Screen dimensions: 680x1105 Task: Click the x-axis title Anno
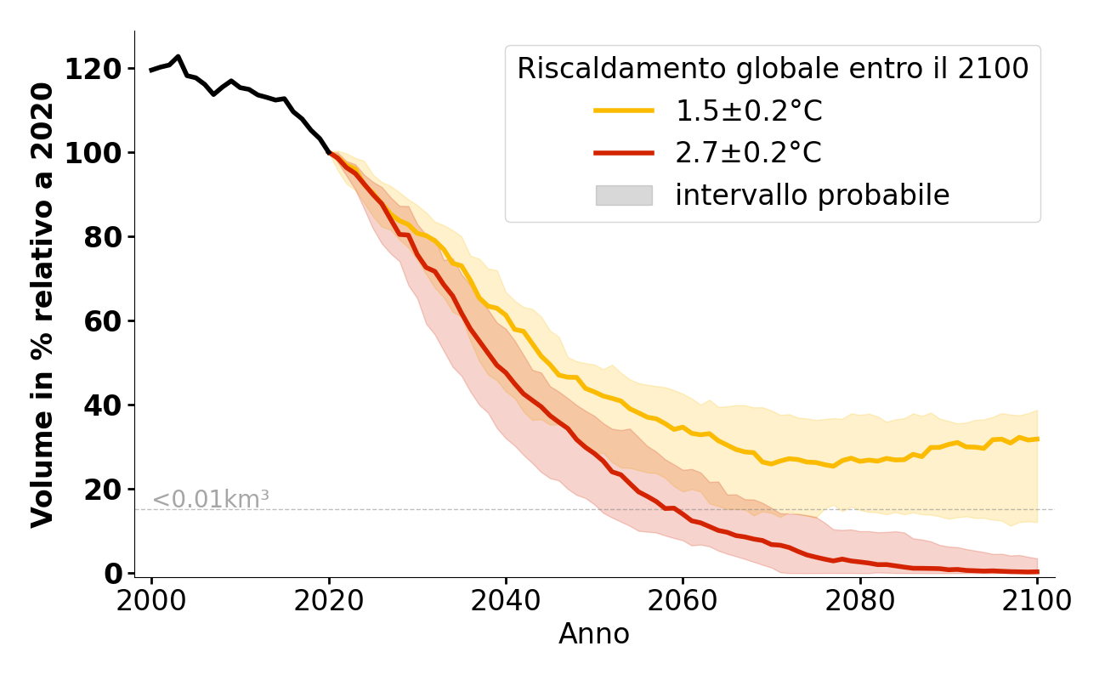[594, 634]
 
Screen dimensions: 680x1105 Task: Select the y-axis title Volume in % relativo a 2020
[42, 304]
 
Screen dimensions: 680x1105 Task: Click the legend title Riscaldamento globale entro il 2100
[773, 69]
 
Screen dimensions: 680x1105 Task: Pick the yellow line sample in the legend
[624, 110]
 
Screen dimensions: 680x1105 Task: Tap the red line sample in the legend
[624, 153]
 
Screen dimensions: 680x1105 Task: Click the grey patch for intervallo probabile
[624, 195]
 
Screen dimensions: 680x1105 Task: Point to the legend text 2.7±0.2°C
[749, 153]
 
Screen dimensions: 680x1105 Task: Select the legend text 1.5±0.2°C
[749, 110]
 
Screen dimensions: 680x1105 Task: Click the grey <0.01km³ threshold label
[211, 500]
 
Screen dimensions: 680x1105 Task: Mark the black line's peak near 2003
[178, 57]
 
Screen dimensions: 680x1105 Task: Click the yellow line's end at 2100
[1037, 439]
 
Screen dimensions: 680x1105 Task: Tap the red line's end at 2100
[1037, 571]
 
